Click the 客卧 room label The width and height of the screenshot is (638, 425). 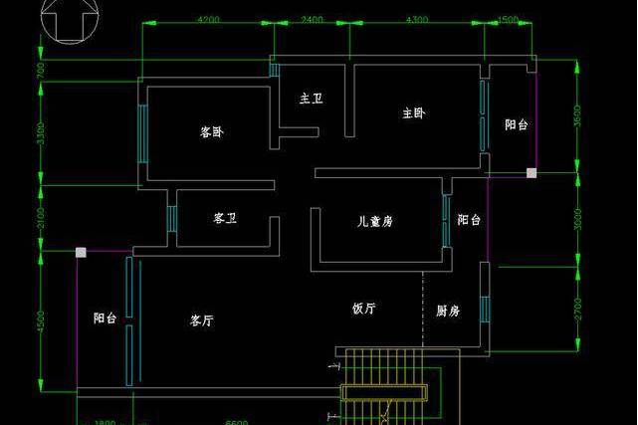[210, 131]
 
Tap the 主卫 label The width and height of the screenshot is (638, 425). [311, 99]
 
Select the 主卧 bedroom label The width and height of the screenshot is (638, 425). [414, 113]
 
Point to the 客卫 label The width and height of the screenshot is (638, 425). [224, 218]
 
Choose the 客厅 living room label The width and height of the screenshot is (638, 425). [202, 320]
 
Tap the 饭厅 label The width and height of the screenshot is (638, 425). [363, 309]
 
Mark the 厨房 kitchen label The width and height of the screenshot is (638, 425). [448, 311]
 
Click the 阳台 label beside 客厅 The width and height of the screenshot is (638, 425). [106, 319]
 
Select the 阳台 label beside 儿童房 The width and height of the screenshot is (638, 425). [469, 220]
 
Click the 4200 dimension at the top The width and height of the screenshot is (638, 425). [209, 20]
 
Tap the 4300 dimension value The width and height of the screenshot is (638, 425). [418, 20]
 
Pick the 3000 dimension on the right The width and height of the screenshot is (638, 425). [578, 219]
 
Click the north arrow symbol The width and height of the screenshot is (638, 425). [67, 23]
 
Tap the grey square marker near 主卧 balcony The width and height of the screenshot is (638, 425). [532, 173]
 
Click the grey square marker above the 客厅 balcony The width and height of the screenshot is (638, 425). [82, 253]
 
